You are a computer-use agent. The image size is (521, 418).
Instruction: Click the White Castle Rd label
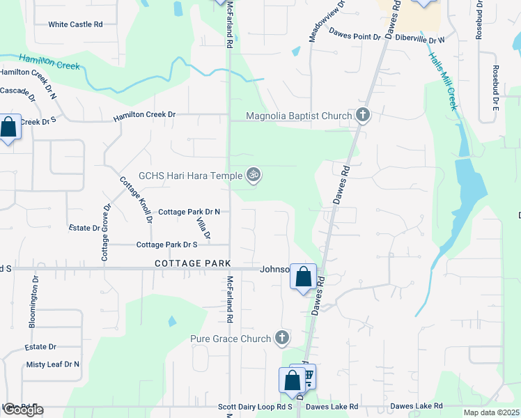75,24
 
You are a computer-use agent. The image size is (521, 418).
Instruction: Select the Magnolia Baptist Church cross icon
362,115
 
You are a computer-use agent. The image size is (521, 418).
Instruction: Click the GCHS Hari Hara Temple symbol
254,175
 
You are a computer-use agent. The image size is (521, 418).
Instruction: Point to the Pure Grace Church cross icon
282,339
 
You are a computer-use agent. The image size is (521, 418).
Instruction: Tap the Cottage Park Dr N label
189,212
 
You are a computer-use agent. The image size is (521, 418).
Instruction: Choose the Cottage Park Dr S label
167,245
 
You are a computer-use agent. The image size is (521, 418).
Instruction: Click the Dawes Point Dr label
355,33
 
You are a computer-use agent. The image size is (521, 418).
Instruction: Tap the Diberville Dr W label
420,40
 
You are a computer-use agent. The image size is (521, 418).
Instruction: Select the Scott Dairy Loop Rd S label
255,407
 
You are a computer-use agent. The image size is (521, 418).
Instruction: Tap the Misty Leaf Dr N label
53,364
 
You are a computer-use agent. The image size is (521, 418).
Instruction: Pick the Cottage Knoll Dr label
137,199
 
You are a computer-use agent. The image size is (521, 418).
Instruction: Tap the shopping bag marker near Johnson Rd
304,277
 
